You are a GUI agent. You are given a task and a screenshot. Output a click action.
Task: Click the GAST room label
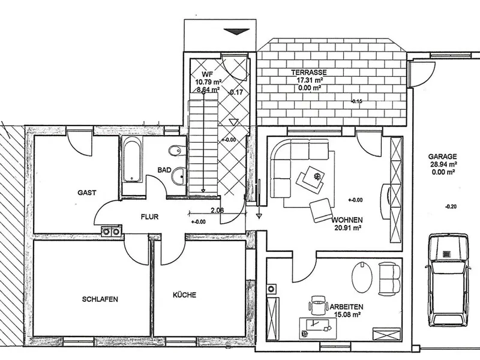click(87, 193)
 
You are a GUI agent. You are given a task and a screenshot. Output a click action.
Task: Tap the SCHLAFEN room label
click(100, 299)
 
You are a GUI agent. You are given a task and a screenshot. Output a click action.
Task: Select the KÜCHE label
click(185, 295)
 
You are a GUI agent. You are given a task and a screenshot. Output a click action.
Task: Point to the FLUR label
click(149, 217)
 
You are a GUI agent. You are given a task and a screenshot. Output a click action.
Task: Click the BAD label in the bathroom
click(164, 170)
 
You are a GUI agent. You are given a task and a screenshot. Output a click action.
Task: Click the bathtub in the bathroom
click(132, 160)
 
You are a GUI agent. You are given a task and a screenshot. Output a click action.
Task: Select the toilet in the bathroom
click(176, 151)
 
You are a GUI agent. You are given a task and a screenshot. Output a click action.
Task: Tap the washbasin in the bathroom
click(178, 176)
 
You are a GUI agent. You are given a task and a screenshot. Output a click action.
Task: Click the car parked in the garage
click(448, 281)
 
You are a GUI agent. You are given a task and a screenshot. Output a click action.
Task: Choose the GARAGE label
click(442, 157)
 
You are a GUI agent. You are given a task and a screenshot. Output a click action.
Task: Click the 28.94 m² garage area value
click(444, 164)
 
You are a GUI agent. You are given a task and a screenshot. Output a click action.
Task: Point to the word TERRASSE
click(309, 73)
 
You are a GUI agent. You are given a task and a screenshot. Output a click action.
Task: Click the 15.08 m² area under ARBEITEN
click(347, 314)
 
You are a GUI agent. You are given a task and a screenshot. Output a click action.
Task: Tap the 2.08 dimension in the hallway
click(217, 210)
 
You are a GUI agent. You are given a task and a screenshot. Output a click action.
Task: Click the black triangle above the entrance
click(236, 32)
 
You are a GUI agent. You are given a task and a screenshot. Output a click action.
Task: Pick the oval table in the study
click(362, 277)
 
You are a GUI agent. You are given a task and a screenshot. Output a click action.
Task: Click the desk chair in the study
click(319, 305)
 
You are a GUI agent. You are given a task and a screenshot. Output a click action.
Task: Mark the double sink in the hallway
click(111, 232)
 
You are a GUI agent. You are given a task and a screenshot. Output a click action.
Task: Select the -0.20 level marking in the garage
click(451, 206)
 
